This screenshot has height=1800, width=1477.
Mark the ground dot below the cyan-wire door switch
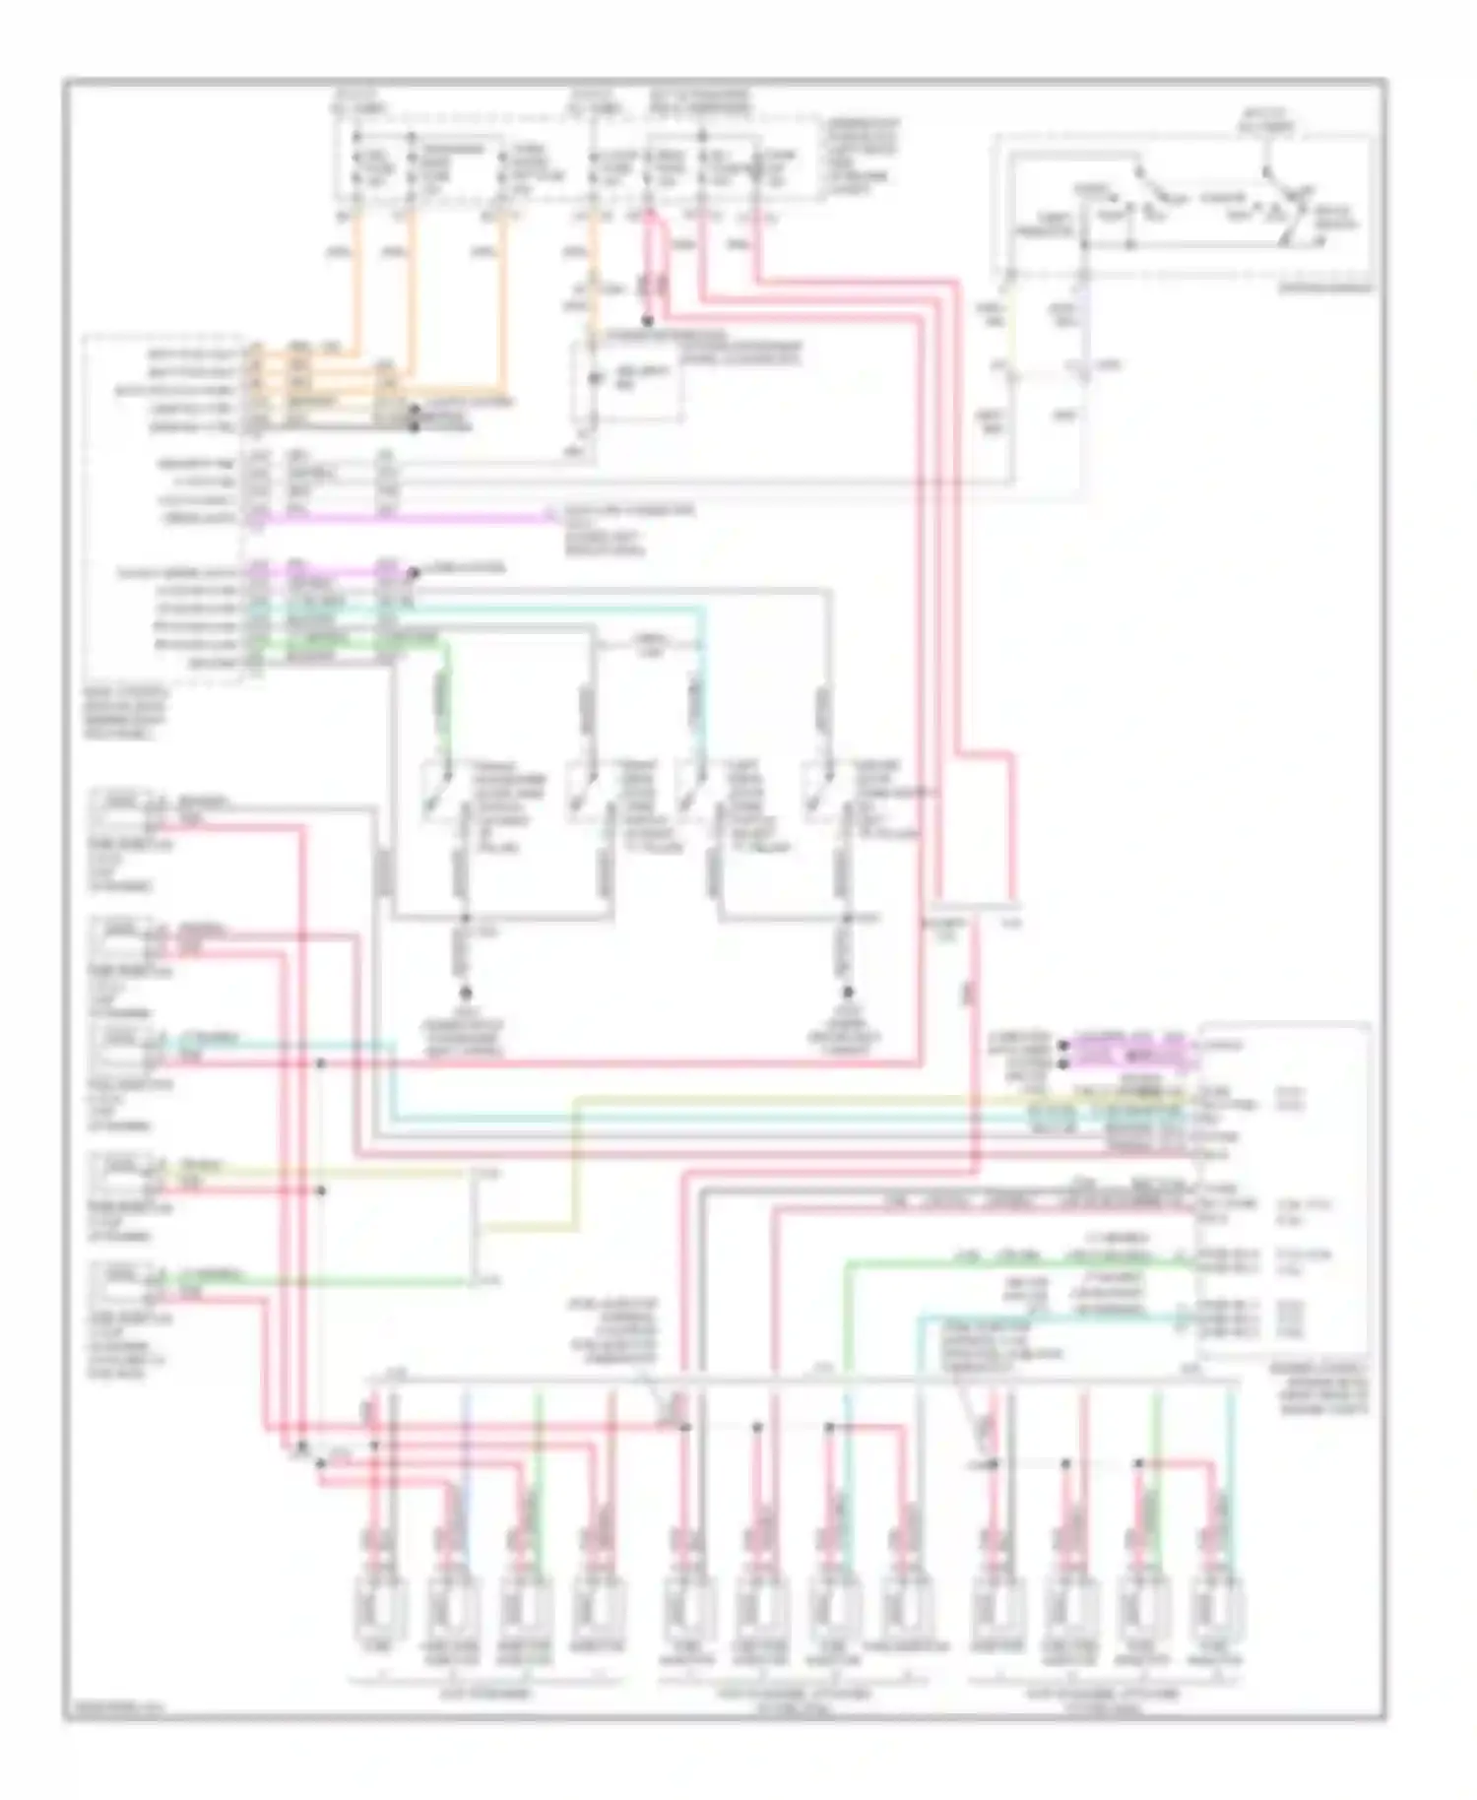(x=846, y=993)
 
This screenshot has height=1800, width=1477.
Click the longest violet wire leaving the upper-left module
(x=404, y=517)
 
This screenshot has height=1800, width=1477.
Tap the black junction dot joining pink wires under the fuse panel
(x=648, y=321)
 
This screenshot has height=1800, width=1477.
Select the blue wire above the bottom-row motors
(x=467, y=1428)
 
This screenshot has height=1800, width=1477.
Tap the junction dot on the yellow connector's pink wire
(x=322, y=1190)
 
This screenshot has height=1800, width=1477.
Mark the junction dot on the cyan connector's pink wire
(x=322, y=1063)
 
